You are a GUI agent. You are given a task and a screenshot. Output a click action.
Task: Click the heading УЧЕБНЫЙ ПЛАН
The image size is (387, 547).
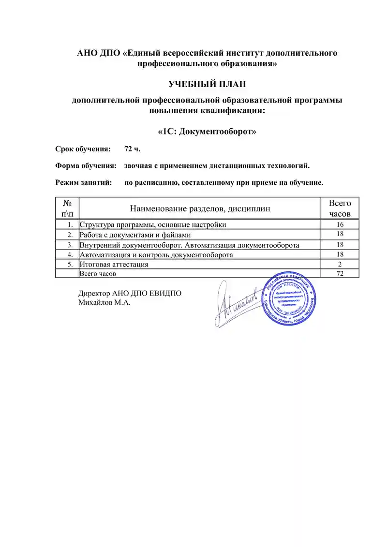click(x=207, y=85)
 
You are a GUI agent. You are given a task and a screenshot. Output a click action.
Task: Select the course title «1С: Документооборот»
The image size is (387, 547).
click(x=207, y=132)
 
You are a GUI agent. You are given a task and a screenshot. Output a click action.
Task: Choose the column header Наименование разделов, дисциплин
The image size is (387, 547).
click(x=199, y=208)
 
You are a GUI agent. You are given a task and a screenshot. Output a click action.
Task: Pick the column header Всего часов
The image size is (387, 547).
click(x=340, y=208)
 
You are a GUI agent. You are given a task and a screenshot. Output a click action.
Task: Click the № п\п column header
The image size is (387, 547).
click(x=68, y=208)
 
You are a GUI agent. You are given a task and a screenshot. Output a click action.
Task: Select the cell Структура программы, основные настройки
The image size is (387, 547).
click(x=153, y=225)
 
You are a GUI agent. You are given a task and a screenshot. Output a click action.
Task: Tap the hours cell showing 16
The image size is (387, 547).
click(x=340, y=225)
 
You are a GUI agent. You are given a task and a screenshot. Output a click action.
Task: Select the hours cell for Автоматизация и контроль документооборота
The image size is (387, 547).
click(x=340, y=254)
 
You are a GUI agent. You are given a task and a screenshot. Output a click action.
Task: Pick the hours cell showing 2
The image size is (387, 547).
click(x=340, y=265)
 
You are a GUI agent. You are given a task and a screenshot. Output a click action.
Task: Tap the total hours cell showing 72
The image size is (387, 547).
click(x=340, y=274)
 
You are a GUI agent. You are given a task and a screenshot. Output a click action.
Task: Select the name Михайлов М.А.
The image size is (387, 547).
click(x=104, y=303)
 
